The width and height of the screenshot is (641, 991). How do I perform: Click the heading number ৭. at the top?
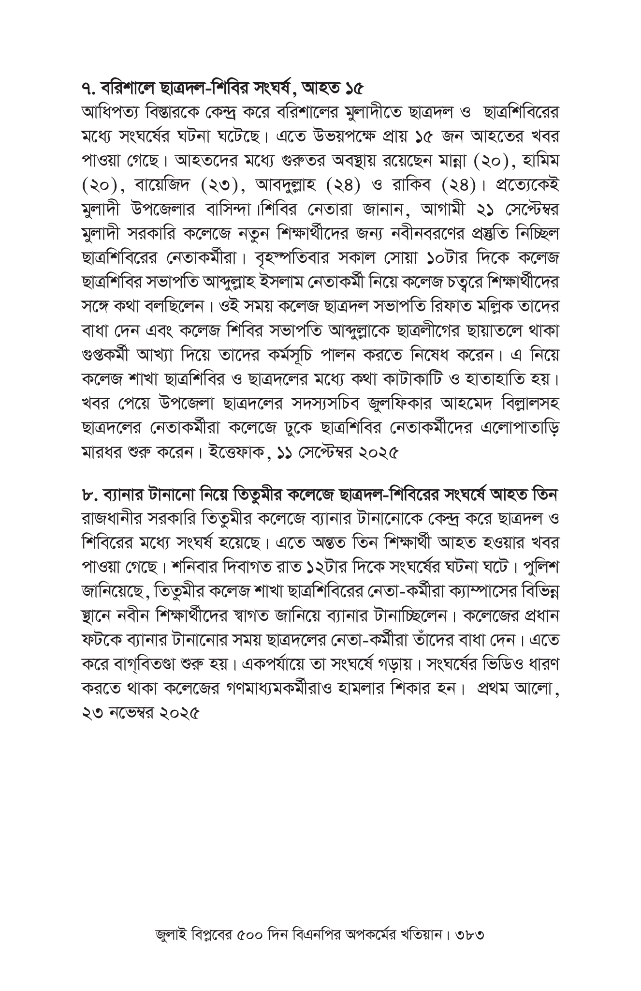coord(89,89)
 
